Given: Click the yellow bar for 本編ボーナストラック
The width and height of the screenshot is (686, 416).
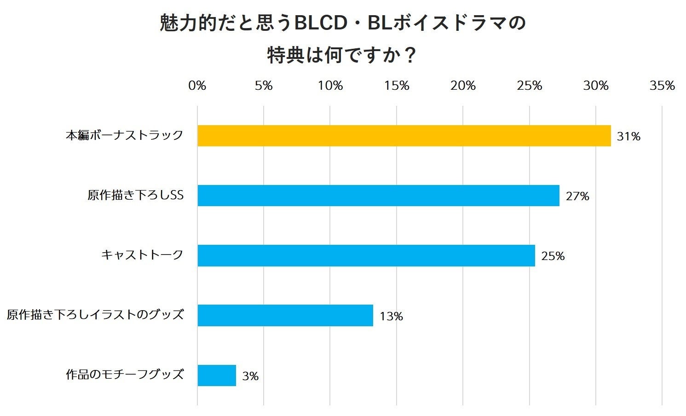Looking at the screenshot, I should coord(404,136).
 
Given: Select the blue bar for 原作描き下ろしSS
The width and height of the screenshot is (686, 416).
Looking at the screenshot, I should coord(378,196).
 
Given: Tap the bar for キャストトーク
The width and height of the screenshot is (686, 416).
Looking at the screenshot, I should coord(366,255).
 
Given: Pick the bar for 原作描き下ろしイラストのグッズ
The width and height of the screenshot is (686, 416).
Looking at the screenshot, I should coord(285,316).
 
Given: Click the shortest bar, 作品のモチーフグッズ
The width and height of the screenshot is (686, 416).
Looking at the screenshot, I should coord(217,376).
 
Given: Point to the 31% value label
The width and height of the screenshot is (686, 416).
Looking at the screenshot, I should coord(628,137).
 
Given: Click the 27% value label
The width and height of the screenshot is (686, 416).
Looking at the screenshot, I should coord(577,196).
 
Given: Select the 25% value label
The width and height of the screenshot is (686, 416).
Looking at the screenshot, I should coord(553,256).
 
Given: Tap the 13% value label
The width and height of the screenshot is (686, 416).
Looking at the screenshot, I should coord(391,317).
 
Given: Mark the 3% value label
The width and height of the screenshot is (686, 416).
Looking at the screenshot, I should coord(250,376).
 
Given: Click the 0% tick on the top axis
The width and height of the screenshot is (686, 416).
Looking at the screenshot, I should coord(197,86).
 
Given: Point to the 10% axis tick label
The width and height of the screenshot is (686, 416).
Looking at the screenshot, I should coord(330,86).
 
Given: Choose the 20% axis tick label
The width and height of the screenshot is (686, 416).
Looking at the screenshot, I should coord(463,86).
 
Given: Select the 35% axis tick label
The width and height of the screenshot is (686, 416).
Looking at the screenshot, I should coord(662,86).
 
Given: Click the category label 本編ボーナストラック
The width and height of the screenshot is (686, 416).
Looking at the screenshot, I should coord(125,135).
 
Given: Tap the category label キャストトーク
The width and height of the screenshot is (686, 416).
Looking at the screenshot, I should coord(142,254).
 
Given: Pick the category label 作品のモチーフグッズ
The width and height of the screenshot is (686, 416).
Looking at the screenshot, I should coord(125,374).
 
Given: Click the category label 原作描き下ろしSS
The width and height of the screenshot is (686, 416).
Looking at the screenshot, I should coord(136,195).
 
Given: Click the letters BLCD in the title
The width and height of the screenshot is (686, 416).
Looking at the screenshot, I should coord(320,23).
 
